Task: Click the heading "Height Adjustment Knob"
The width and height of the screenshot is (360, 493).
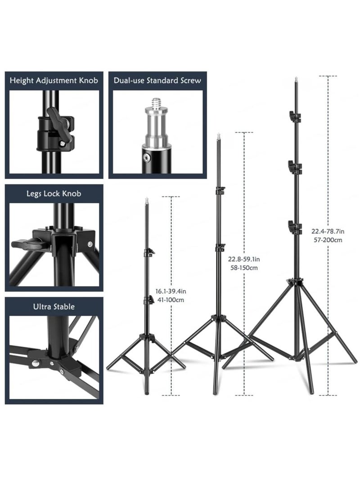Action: (x=54, y=81)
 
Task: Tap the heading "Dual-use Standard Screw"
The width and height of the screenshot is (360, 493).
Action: (x=157, y=81)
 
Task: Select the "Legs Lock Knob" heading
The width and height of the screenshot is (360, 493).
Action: (x=54, y=193)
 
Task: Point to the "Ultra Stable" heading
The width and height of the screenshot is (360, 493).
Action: (x=54, y=307)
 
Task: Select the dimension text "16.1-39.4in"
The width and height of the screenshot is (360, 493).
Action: (x=171, y=291)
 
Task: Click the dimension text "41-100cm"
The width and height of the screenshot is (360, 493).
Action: (x=171, y=300)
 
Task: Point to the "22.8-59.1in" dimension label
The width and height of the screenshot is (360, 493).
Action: (x=244, y=260)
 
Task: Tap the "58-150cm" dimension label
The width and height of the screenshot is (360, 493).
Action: (x=244, y=268)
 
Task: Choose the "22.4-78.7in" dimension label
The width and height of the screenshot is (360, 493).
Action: (x=328, y=231)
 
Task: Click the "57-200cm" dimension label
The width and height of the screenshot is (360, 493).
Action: (x=328, y=240)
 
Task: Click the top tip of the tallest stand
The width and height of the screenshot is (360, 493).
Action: (x=296, y=78)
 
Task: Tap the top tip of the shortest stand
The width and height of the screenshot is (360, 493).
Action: (x=147, y=198)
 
